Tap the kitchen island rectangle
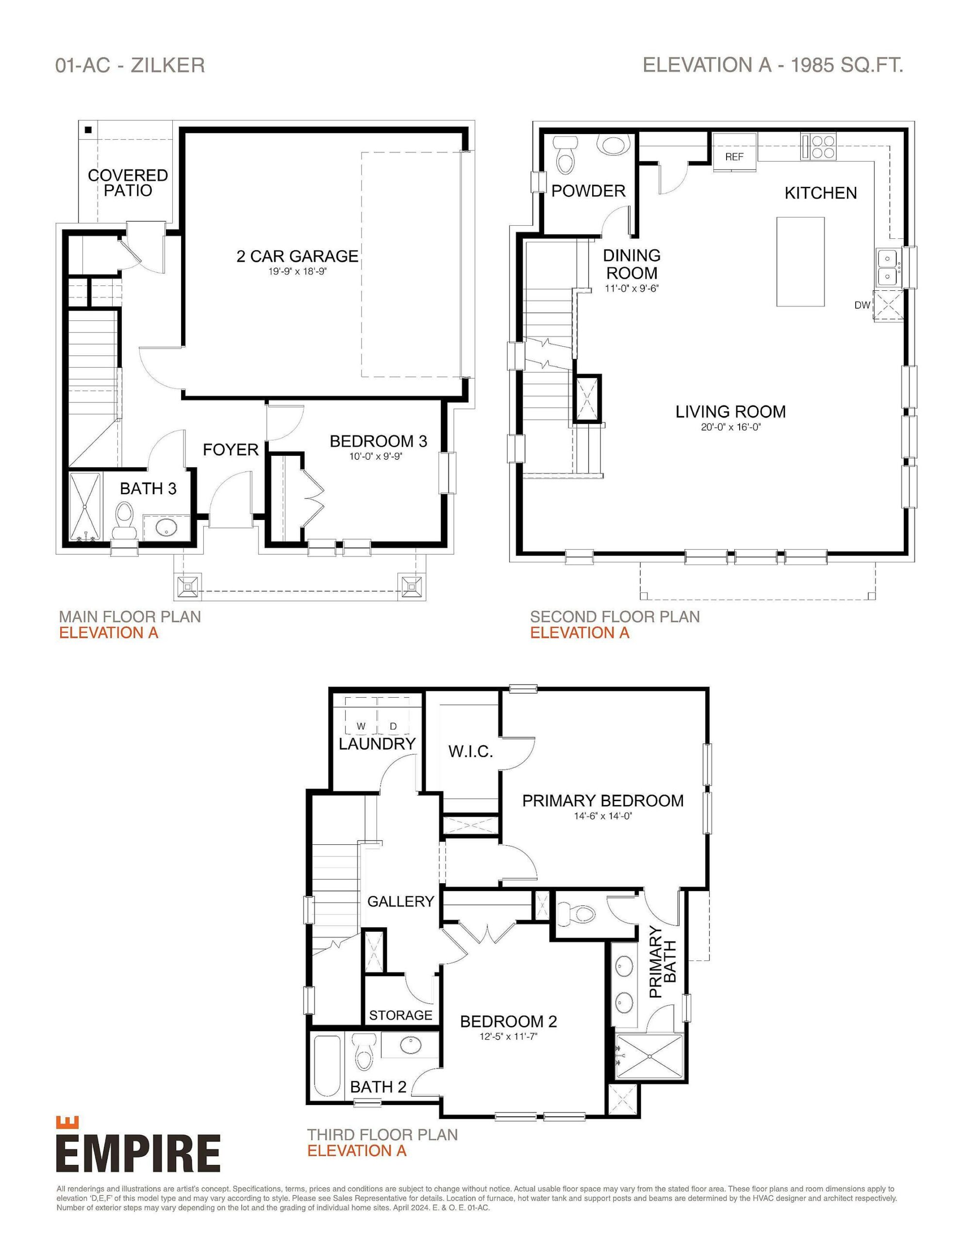click(800, 261)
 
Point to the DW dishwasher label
click(862, 305)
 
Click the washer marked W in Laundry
click(361, 726)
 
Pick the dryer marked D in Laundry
click(393, 726)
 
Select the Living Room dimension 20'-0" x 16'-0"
click(730, 427)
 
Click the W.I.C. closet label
click(470, 752)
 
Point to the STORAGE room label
click(400, 1015)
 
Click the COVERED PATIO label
click(128, 183)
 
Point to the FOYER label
click(231, 450)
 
